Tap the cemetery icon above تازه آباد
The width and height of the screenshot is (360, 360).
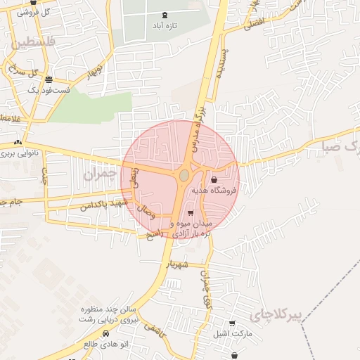click(x=165, y=14)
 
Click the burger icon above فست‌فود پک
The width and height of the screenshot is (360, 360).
click(x=48, y=79)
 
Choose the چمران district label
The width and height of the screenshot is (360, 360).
click(x=98, y=174)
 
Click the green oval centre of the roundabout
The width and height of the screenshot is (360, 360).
click(x=184, y=174)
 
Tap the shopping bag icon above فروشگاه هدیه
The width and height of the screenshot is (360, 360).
click(x=214, y=180)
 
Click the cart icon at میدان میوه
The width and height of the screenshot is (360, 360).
click(x=191, y=212)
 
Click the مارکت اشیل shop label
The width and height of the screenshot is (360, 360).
click(x=232, y=334)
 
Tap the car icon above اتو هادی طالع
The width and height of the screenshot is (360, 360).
click(x=105, y=333)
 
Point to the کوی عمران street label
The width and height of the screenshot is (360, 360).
click(x=206, y=288)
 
